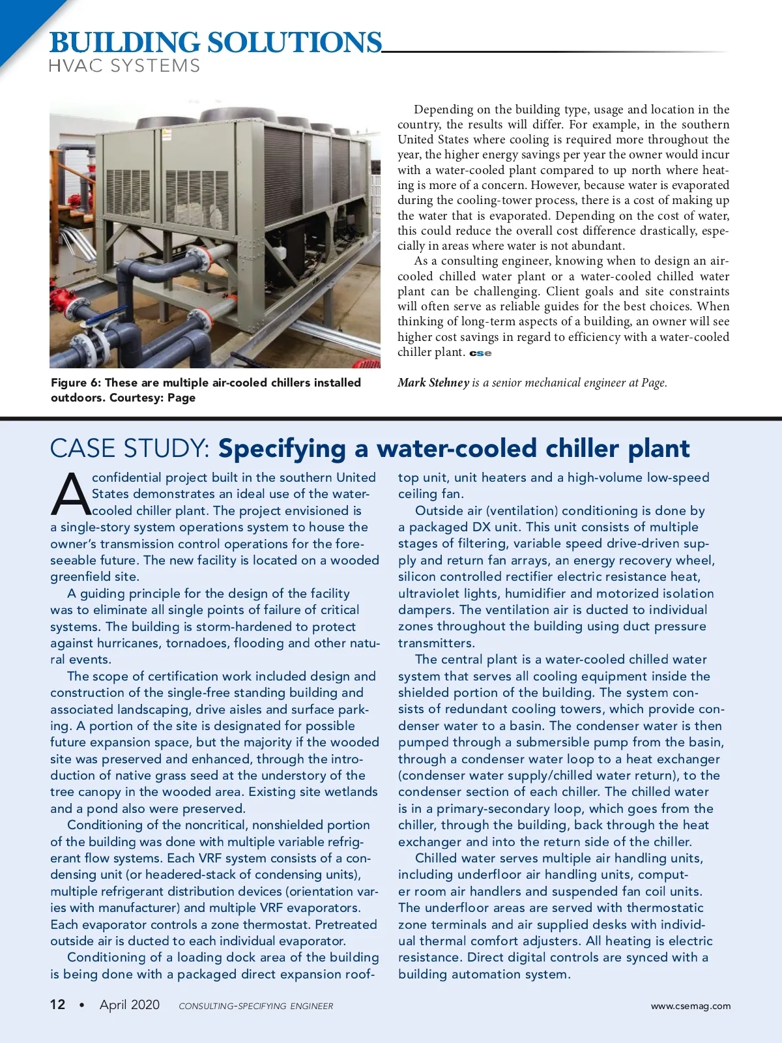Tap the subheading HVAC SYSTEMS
pyautogui.click(x=124, y=66)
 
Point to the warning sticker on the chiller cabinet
pyautogui.click(x=167, y=136)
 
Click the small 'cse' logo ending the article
pyautogui.click(x=480, y=353)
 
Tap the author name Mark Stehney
pyautogui.click(x=433, y=383)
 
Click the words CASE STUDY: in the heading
pyautogui.click(x=130, y=448)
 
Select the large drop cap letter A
pyautogui.click(x=70, y=494)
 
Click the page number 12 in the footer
pyautogui.click(x=58, y=1005)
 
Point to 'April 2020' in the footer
pyautogui.click(x=130, y=1005)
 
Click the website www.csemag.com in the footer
pyautogui.click(x=690, y=1006)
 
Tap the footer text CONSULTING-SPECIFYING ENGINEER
pyautogui.click(x=255, y=1006)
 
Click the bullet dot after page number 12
pyautogui.click(x=81, y=1005)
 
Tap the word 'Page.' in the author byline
pyautogui.click(x=654, y=383)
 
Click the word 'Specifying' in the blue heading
pyautogui.click(x=282, y=450)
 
